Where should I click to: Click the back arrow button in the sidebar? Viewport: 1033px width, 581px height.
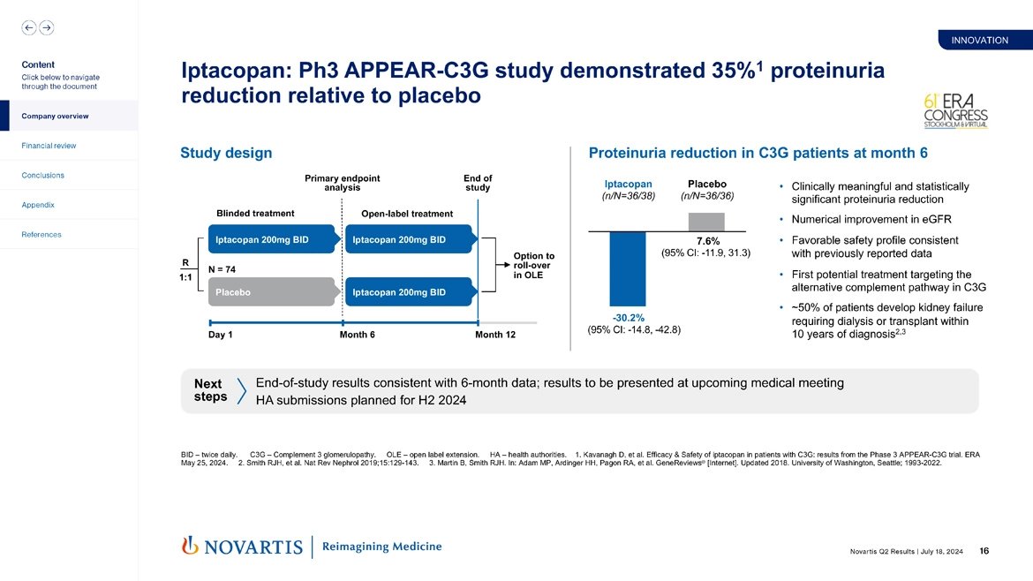29,27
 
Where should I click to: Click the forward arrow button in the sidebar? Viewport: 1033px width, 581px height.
46,27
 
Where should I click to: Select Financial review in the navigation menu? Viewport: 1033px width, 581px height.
49,146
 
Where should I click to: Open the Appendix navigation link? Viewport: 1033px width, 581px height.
38,205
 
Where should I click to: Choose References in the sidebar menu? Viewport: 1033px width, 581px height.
41,235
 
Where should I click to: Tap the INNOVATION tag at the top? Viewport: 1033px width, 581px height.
979,40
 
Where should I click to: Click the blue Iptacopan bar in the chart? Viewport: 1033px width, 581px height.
627,268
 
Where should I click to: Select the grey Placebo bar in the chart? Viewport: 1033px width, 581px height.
705,222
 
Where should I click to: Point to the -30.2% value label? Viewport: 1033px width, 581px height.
628,318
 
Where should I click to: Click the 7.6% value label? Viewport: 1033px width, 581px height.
707,241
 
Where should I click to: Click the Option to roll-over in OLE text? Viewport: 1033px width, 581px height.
533,266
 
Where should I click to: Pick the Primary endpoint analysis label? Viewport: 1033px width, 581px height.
343,183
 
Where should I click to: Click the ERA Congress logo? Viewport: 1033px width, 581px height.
954,110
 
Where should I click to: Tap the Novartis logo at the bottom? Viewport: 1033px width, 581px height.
241,547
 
